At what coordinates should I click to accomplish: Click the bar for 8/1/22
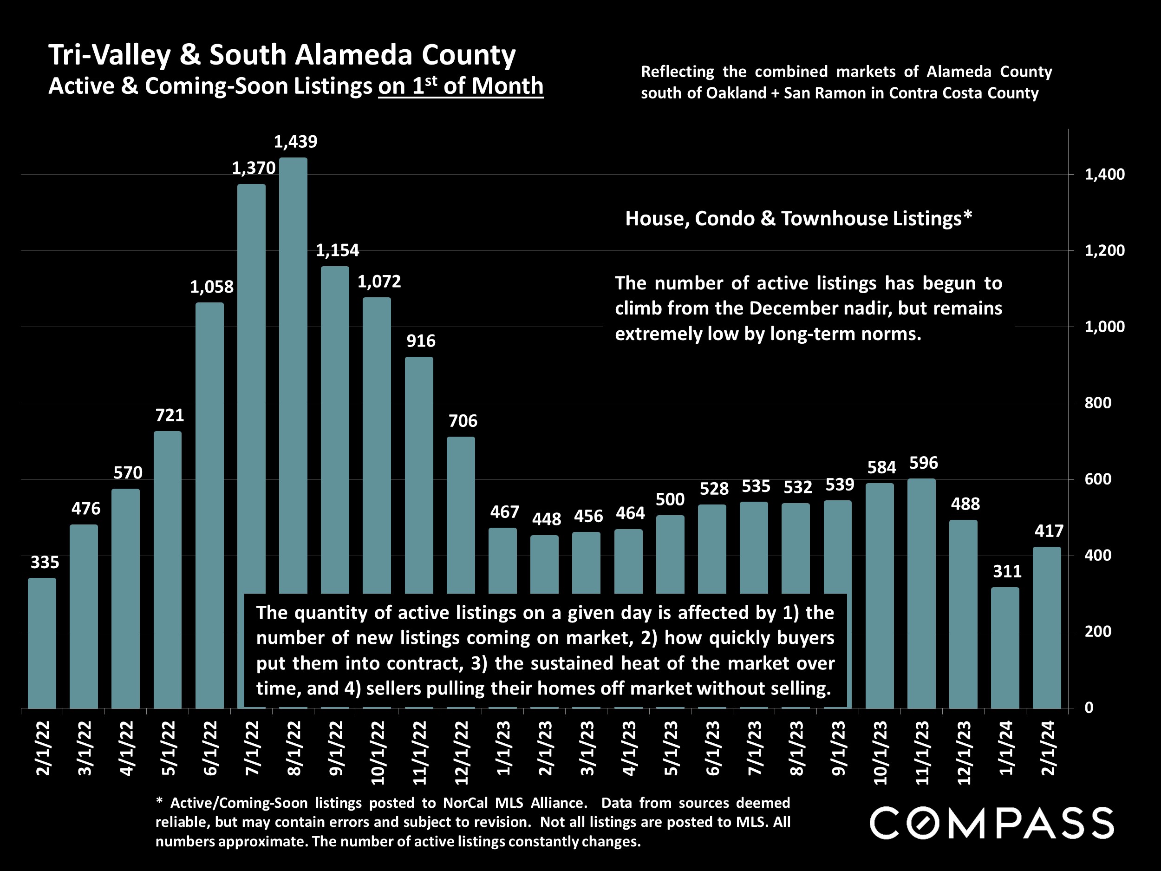[x=293, y=367]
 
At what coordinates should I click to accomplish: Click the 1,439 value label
[x=295, y=142]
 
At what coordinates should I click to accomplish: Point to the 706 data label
[x=463, y=420]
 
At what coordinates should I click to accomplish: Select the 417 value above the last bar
[x=1048, y=531]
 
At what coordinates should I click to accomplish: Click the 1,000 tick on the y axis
[x=1104, y=327]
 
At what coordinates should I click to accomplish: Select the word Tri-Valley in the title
[x=110, y=55]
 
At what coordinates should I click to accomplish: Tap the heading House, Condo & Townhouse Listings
[x=798, y=218]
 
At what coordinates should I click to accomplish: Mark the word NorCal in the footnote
[x=467, y=803]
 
